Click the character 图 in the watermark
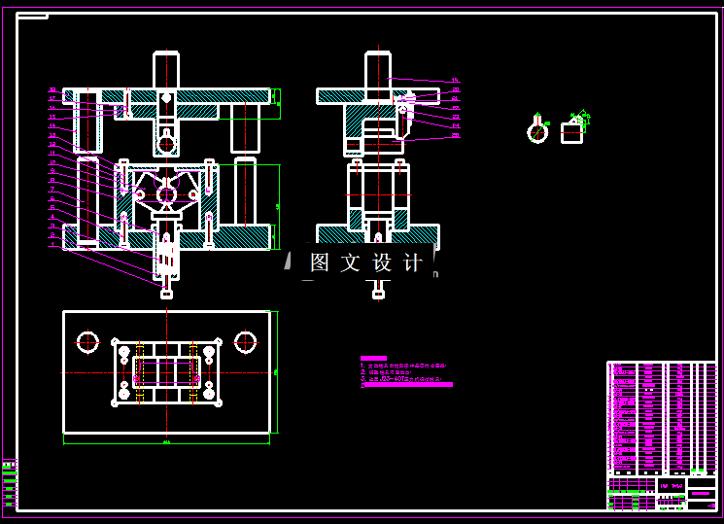[x=321, y=262]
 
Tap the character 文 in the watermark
[x=352, y=262]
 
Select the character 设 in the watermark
[x=383, y=262]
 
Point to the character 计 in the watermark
[x=413, y=262]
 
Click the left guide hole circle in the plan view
[x=88, y=342]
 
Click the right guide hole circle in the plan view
[x=245, y=342]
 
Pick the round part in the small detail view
[x=537, y=131]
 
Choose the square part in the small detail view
[x=572, y=132]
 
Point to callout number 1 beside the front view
[x=53, y=244]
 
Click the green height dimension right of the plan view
[x=278, y=371]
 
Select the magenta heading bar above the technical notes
[x=373, y=358]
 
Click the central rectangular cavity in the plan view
[x=166, y=372]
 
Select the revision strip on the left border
[x=10, y=482]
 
